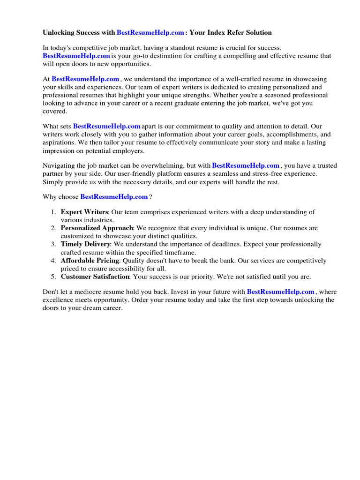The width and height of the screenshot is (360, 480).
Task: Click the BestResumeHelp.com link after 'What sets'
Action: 107,126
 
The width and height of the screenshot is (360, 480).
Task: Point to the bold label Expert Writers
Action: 84,212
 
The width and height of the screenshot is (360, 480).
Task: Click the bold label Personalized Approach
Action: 97,228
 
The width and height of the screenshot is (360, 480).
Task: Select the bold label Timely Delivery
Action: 85,244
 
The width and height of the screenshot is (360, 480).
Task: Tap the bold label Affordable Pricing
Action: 90,261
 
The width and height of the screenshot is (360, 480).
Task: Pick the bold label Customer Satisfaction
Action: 95,277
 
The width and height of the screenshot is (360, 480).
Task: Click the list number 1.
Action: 53,212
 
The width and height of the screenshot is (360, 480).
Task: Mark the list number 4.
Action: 53,261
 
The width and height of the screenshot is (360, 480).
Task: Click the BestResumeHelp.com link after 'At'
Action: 85,79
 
